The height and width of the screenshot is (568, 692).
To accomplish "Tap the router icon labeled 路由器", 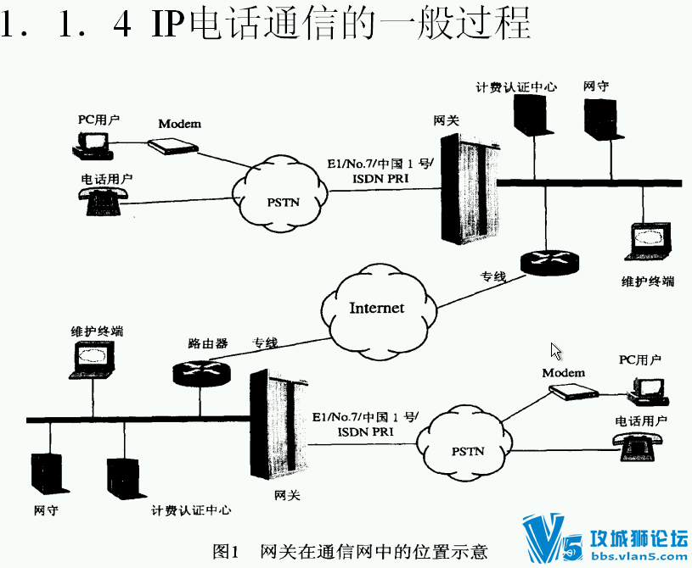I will pyautogui.click(x=200, y=371).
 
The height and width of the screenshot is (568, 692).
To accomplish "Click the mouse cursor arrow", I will pyautogui.click(x=556, y=351).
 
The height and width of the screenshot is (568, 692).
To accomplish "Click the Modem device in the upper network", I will pyautogui.click(x=174, y=145).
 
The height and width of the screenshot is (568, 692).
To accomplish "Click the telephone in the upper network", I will pyautogui.click(x=104, y=197).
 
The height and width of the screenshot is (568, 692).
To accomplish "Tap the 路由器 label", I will pyautogui.click(x=208, y=344).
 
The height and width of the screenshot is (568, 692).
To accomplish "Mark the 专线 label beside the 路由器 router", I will pyautogui.click(x=265, y=343).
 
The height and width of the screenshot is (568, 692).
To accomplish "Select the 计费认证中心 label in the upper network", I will pyautogui.click(x=516, y=86).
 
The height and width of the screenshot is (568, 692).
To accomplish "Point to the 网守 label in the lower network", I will pyautogui.click(x=46, y=510).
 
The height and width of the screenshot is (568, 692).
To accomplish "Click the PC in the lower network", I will pyautogui.click(x=646, y=388).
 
